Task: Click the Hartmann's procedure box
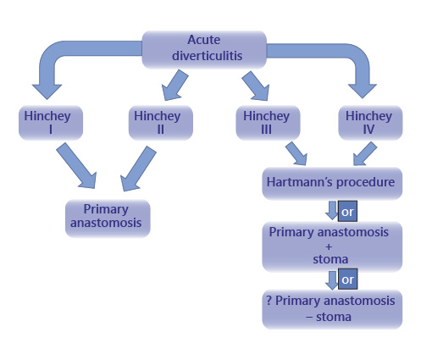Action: [x=317, y=181]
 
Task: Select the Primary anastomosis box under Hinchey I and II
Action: [x=108, y=217]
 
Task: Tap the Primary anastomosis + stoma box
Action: [x=317, y=244]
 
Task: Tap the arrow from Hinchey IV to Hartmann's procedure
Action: [x=359, y=152]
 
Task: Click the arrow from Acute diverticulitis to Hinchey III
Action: [x=252, y=86]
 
